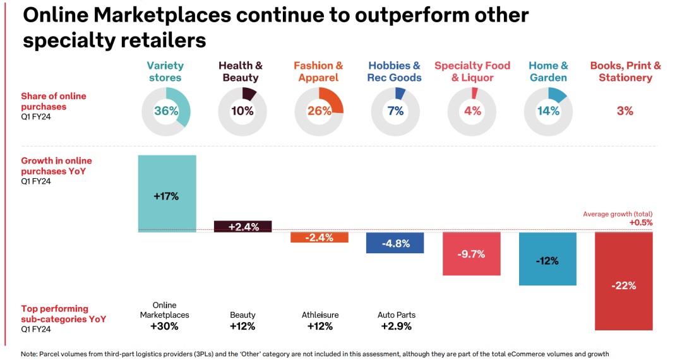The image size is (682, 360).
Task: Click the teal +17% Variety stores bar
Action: pos(167,193)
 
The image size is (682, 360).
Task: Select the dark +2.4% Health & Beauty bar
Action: pos(243,227)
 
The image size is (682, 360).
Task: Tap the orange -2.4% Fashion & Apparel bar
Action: pos(319,237)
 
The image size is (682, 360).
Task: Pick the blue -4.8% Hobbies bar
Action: pos(395,243)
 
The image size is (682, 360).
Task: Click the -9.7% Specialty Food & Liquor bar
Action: pos(472,254)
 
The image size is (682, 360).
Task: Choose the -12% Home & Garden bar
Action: pos(547,259)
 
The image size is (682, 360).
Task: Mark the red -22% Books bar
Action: pos(623,282)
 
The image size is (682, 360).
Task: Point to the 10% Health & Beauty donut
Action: pos(242,111)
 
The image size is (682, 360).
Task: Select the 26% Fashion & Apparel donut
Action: pos(319,111)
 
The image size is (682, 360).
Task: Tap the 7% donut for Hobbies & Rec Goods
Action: pos(395,111)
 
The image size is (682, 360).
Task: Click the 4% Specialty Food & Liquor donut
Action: pos(472,111)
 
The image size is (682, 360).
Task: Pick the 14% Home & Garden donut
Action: pos(548,111)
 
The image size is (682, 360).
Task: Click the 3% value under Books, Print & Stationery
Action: pos(625,111)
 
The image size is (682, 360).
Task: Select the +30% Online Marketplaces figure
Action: pos(165,327)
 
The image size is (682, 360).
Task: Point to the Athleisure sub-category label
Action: pos(320,315)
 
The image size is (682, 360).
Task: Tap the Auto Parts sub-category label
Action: pos(397,315)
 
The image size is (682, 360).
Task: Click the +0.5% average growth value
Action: pos(641,222)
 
